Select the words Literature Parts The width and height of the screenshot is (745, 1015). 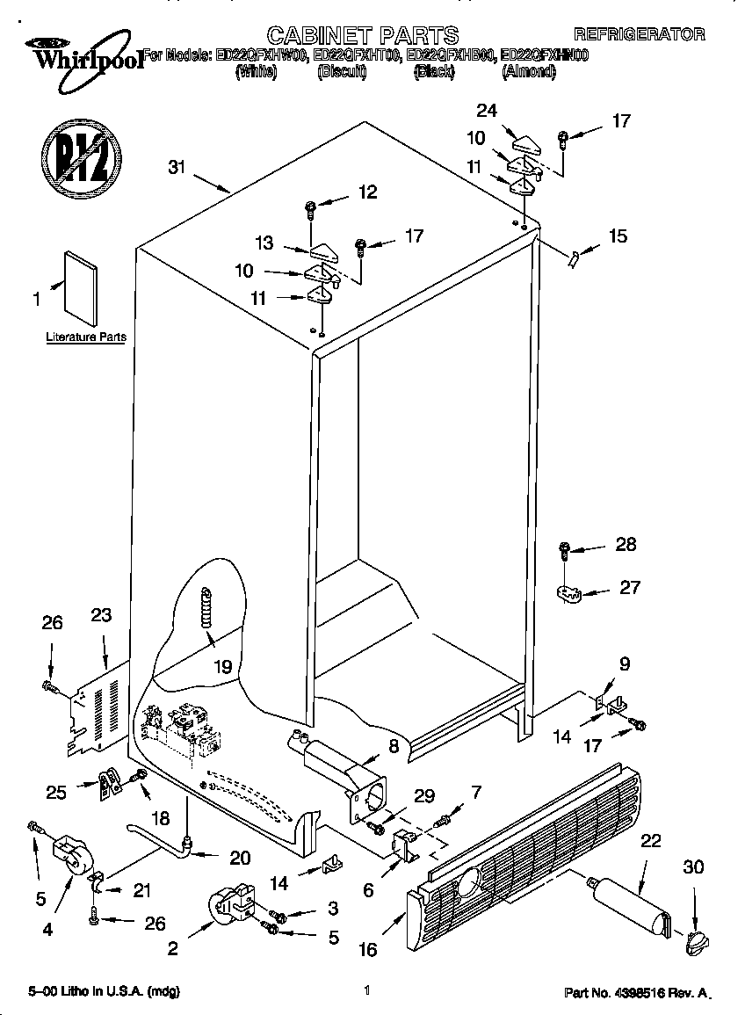point(85,337)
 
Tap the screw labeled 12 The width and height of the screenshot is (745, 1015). point(311,209)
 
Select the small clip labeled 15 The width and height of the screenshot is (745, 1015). point(575,258)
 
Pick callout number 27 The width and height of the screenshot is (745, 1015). point(630,587)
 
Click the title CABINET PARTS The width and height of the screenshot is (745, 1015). point(363,35)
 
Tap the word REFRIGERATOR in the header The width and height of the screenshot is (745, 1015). point(639,35)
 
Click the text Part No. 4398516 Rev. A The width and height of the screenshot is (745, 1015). point(635,992)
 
